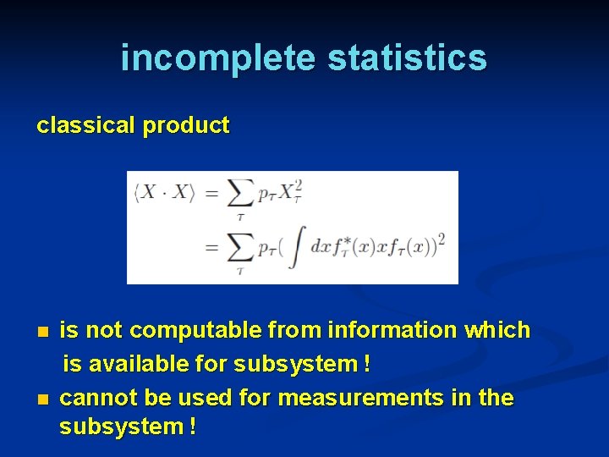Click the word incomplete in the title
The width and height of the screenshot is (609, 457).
pyautogui.click(x=218, y=58)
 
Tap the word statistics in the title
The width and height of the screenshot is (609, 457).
pyautogui.click(x=407, y=58)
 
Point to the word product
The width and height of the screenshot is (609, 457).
pyautogui.click(x=186, y=125)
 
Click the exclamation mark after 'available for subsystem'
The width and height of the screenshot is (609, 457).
pyautogui.click(x=365, y=364)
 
